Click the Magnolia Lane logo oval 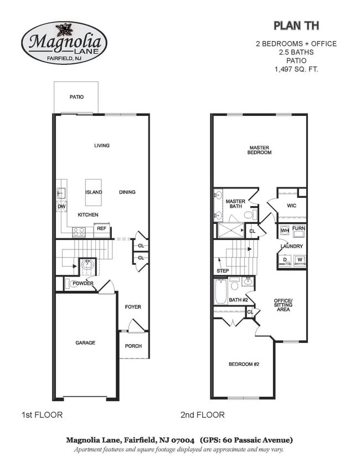pos(64,43)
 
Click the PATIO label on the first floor pos(76,97)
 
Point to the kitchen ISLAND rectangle pos(94,192)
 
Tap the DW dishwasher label pos(61,206)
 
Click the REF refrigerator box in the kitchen pos(101,228)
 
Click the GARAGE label pos(85,343)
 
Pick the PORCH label pos(133,346)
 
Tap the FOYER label pos(133,306)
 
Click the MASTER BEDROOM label pos(259,150)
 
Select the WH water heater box pos(284,231)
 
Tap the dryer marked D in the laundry pos(285,259)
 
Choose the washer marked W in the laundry pos(299,259)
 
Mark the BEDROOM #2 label pos(244,364)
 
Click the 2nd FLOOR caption pos(202,414)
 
